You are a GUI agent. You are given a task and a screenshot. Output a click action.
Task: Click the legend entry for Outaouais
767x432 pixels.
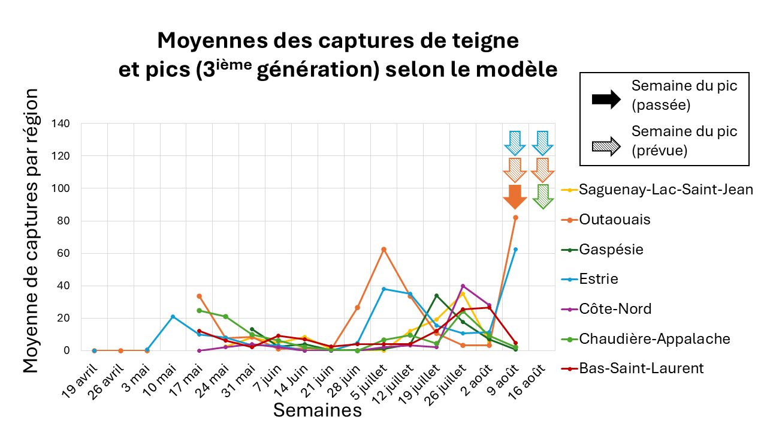click(614, 220)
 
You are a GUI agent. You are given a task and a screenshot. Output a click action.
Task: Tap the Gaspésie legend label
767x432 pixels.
click(611, 249)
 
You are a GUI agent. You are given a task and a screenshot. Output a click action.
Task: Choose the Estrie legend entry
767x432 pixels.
click(598, 279)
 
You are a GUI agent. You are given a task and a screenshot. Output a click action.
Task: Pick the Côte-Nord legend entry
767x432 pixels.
click(615, 309)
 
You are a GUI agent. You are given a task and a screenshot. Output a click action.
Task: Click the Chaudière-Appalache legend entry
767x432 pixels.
click(654, 339)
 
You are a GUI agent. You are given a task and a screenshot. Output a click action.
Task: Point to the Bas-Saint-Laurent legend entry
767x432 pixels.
click(641, 368)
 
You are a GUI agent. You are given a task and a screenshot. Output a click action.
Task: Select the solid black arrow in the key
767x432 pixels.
click(606, 100)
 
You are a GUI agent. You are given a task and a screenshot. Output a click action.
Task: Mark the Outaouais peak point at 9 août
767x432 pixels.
click(515, 218)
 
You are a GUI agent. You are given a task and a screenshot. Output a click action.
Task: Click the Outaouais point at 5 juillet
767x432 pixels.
click(383, 249)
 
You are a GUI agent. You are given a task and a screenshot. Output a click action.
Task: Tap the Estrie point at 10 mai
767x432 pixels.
click(173, 316)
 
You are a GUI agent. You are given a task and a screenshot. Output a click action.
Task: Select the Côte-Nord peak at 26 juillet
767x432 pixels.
click(463, 286)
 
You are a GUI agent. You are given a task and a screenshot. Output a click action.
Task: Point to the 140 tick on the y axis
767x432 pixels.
click(62, 124)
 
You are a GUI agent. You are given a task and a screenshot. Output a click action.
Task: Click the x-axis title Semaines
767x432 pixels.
click(318, 410)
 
